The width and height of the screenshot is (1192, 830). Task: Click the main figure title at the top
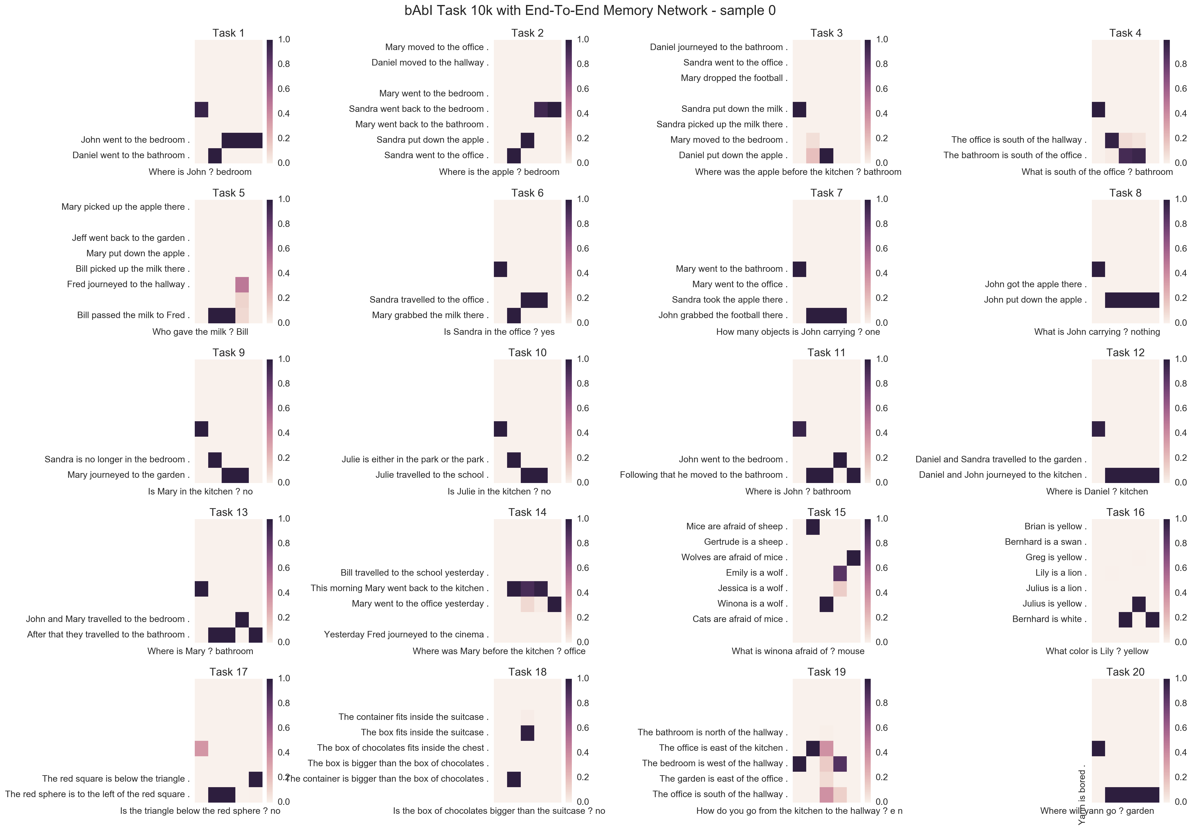point(590,10)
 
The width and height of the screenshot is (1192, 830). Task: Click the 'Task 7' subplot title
point(826,193)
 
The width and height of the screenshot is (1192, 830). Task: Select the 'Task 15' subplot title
point(826,512)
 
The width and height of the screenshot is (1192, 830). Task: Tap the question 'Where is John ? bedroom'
point(200,172)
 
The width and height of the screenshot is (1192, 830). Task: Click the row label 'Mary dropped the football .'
point(733,78)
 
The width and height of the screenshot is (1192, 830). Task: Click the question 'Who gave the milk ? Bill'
point(200,332)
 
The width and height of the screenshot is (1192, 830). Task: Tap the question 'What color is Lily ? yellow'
point(1096,651)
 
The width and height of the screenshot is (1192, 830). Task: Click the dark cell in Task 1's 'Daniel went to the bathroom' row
point(215,155)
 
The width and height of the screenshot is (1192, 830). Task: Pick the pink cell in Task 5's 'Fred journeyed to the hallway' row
point(242,285)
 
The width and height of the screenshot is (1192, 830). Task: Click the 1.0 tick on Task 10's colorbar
point(583,359)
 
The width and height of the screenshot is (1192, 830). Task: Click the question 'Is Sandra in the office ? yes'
point(499,332)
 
